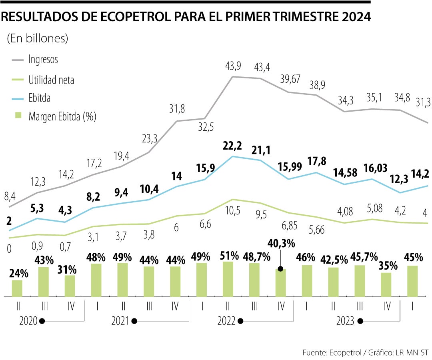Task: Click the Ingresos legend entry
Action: (x=43, y=60)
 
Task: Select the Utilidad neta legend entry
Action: (x=51, y=80)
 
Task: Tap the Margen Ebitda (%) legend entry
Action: (x=62, y=117)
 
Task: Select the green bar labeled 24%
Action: (x=17, y=288)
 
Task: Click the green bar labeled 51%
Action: (x=228, y=279)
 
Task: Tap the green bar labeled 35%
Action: (x=386, y=284)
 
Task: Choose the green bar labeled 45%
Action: (x=412, y=281)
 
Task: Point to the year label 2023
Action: (x=345, y=321)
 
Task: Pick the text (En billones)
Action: (x=37, y=38)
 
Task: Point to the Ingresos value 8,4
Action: (x=10, y=196)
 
